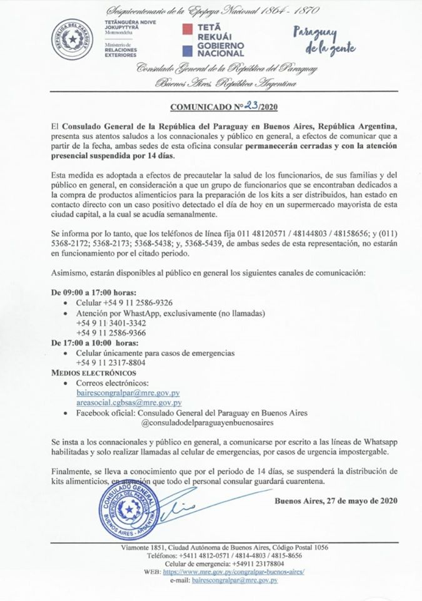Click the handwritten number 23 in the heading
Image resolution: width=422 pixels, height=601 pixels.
pos(238,106)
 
